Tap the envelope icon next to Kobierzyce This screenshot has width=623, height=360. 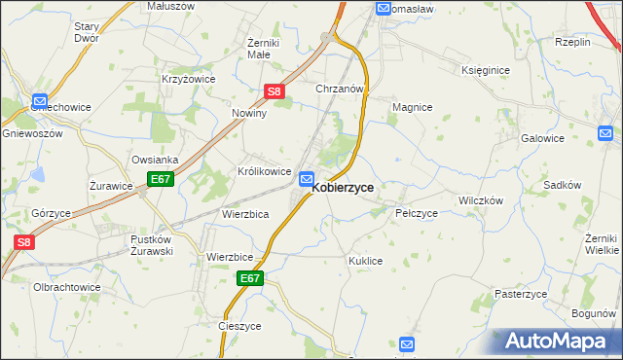pos(307,179)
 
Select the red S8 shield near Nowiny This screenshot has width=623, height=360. pos(275,92)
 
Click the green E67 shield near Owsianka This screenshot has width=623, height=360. pos(161,180)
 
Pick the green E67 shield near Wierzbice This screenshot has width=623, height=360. pos(250,278)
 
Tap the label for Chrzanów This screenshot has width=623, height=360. pos(340,89)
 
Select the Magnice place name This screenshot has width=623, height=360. pos(412,107)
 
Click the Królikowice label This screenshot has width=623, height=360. pos(265,171)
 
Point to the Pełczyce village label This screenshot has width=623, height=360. pos(417,212)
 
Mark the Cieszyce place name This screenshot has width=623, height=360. pos(240,326)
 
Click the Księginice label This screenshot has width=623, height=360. pos(486,71)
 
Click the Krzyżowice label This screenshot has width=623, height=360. pos(188,79)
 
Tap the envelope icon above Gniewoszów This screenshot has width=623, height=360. pos(40,100)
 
